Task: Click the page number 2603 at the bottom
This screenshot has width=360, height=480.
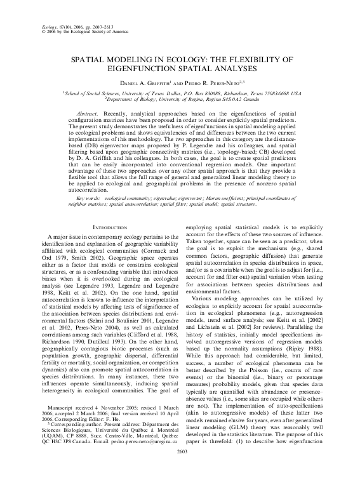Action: click(180, 468)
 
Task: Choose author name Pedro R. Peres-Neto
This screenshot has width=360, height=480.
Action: click(213, 82)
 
